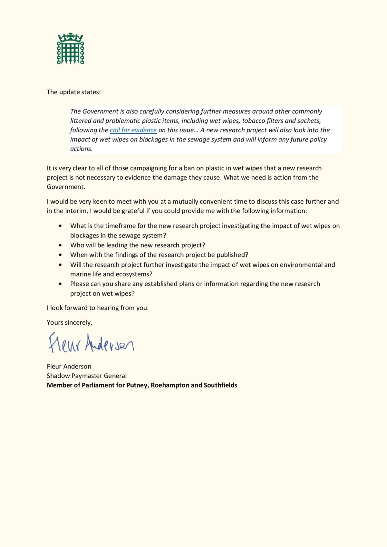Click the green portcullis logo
click(x=70, y=48)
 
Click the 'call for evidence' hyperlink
click(x=133, y=130)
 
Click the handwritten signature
click(x=91, y=343)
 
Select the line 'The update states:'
click(x=74, y=92)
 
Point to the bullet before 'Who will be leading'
click(x=61, y=245)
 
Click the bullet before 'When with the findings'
click(x=61, y=255)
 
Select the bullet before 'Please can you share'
click(x=61, y=284)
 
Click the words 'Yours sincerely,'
click(x=69, y=323)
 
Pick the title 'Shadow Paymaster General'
click(x=86, y=376)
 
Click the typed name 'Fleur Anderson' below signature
click(x=69, y=366)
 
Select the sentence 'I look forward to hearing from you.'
click(x=98, y=308)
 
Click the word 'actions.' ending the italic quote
click(x=81, y=149)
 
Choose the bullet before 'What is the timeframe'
click(x=61, y=226)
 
